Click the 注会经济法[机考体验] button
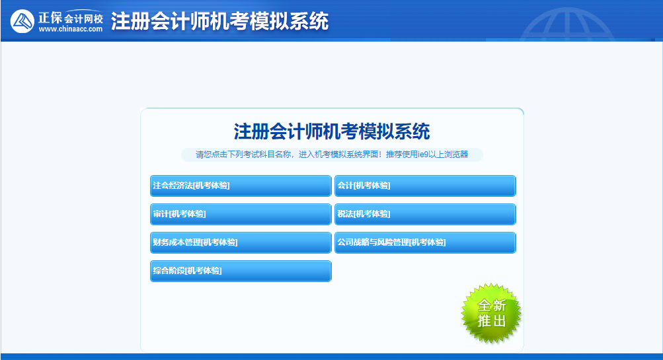point(241,186)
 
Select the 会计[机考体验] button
point(425,186)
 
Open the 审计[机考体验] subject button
point(241,214)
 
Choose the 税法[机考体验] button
point(425,214)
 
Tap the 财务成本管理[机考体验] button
point(241,242)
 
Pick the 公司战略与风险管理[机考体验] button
point(425,242)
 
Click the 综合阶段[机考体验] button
point(241,271)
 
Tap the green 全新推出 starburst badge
point(491,314)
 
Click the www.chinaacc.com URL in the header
point(71,29)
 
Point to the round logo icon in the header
point(23,21)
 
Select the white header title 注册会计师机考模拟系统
point(219,21)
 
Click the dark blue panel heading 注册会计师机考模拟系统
point(332,131)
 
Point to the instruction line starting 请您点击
point(332,155)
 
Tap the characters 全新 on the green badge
point(491,305)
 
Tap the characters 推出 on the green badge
point(491,322)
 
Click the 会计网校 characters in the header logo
point(84,17)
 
